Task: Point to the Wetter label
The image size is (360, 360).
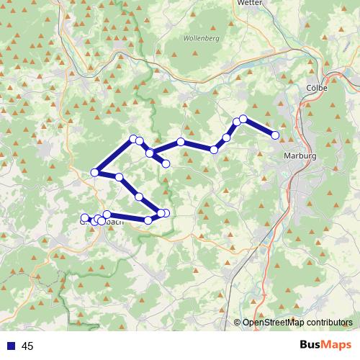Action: (x=248, y=3)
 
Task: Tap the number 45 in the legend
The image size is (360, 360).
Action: (x=27, y=346)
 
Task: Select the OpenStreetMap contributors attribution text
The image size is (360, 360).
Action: (x=297, y=323)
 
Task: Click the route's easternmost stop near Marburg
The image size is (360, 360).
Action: (x=275, y=135)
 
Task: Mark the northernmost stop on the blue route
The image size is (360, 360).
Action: (x=243, y=119)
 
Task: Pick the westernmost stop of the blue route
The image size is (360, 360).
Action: (x=85, y=217)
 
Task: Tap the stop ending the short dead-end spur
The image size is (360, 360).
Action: (x=166, y=164)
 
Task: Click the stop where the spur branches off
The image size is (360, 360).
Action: (x=150, y=153)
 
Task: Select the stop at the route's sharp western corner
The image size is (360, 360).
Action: (x=95, y=172)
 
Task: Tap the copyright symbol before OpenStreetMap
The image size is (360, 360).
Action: (x=238, y=323)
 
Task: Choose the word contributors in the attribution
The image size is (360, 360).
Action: (x=327, y=323)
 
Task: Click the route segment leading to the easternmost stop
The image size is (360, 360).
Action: (x=259, y=127)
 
